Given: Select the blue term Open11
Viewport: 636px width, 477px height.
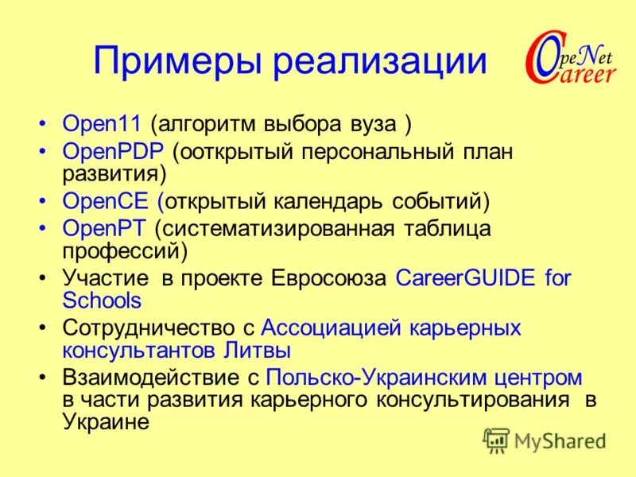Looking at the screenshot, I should [x=102, y=125].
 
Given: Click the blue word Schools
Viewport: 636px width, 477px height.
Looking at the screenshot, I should [x=102, y=301].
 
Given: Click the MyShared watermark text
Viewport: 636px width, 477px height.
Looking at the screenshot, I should [x=560, y=440].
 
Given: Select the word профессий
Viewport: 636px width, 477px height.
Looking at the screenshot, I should [x=124, y=251].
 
